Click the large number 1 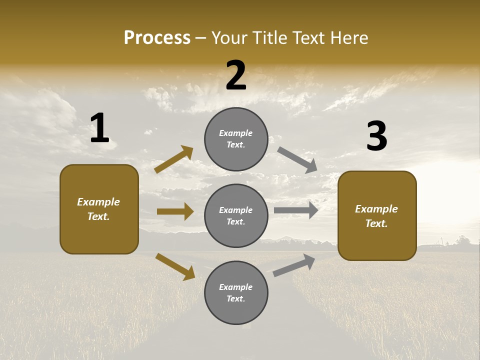click(x=99, y=128)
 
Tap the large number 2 click(x=236, y=75)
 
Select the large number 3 click(x=376, y=136)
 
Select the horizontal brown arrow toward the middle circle click(x=175, y=211)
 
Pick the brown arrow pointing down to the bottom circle click(x=175, y=266)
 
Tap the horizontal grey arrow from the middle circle click(x=296, y=210)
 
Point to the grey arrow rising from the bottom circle click(x=294, y=265)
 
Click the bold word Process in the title click(x=157, y=37)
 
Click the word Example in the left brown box click(x=98, y=202)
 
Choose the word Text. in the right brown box click(x=376, y=223)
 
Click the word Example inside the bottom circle click(x=235, y=287)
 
